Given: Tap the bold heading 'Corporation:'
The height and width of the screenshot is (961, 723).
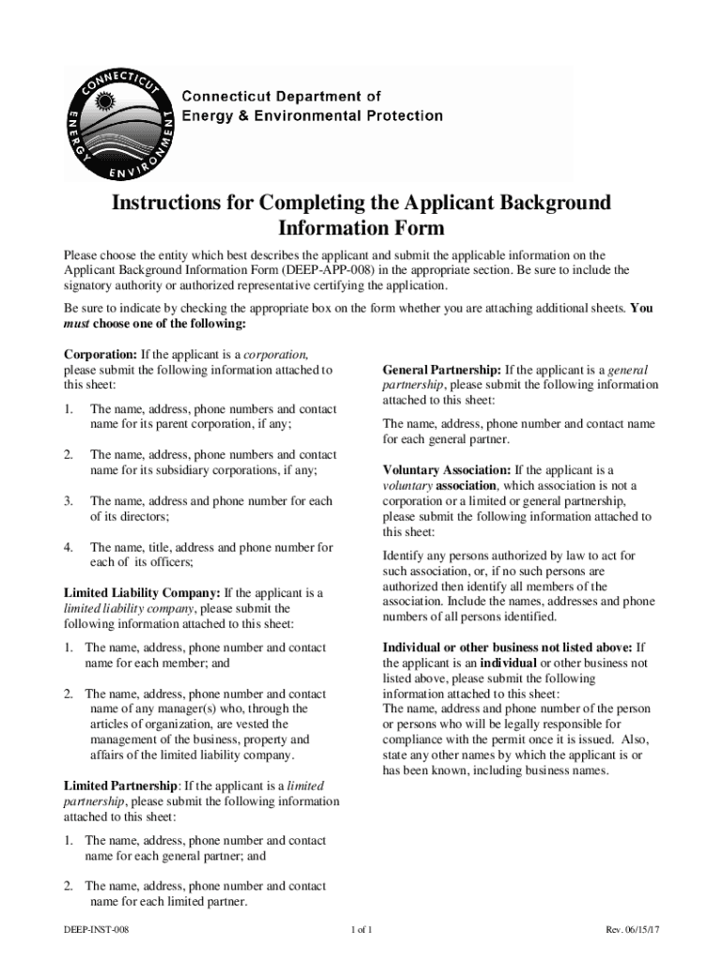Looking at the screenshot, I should click(100, 354).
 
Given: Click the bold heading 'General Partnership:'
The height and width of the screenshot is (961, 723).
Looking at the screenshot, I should click(442, 370).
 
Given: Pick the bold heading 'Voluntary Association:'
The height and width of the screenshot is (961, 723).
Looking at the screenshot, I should click(446, 470).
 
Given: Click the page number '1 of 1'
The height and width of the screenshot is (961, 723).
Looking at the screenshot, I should click(361, 930).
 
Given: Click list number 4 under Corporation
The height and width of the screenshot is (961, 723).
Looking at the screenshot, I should click(68, 547).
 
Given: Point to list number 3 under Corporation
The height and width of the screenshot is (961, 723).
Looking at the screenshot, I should click(68, 501).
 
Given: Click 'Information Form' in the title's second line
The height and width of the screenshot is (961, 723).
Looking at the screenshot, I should click(361, 228).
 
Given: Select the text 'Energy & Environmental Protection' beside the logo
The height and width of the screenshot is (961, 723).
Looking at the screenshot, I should click(312, 115).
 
